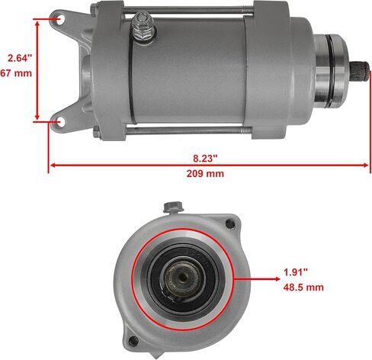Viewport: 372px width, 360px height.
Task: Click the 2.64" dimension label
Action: click(x=20, y=58)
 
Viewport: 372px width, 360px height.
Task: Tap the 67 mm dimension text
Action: click(x=16, y=73)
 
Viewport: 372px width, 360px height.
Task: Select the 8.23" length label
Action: click(x=205, y=159)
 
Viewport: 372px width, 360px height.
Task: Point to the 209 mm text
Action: click(x=205, y=174)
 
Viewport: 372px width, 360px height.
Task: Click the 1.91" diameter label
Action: click(x=296, y=272)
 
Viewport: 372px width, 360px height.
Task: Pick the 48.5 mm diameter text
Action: click(x=303, y=288)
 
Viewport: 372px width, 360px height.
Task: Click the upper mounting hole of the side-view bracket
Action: click(x=60, y=19)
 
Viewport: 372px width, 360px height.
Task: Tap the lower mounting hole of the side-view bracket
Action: click(x=61, y=121)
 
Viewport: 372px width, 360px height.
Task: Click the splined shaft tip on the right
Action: click(x=360, y=72)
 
